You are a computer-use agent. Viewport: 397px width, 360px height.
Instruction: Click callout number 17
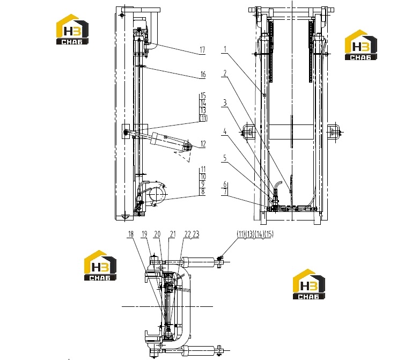[202, 50]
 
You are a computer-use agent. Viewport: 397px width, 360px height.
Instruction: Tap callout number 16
[203, 75]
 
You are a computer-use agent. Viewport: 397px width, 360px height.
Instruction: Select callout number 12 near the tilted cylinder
[203, 144]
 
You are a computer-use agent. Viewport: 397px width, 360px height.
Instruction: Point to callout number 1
[225, 49]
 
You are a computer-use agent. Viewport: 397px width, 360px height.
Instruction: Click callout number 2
[225, 73]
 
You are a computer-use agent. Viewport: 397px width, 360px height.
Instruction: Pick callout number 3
[225, 103]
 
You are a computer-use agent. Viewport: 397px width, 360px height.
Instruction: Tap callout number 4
[225, 131]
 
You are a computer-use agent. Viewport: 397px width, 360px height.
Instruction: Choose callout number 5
[225, 158]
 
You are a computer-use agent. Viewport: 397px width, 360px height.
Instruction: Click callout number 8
[203, 192]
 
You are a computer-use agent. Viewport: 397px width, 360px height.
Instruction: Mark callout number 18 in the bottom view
[131, 234]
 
